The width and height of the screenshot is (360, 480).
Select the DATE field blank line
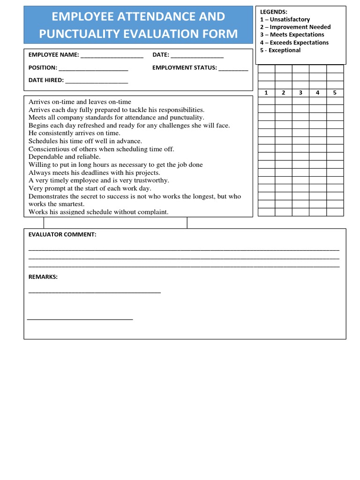[197, 56]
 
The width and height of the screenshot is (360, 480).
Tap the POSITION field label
[43, 67]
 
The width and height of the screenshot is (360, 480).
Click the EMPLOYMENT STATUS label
[184, 67]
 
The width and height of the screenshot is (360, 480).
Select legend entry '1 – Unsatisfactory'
[285, 19]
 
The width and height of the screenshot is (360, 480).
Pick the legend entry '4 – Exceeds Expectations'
[294, 43]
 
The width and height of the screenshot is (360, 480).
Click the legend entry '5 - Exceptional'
[280, 50]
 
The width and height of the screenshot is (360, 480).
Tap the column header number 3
[300, 93]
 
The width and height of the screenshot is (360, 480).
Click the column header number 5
[335, 93]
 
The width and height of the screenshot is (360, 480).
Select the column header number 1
[266, 93]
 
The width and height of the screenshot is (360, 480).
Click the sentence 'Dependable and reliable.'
[65, 157]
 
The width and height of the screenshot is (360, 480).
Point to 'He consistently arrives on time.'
[75, 133]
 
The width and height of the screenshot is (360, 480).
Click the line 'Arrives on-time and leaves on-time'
[80, 102]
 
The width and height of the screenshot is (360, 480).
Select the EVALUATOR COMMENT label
[62, 234]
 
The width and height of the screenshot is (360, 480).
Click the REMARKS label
[43, 277]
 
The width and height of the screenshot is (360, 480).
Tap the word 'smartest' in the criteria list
[71, 204]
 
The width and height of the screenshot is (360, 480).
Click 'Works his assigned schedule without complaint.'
[98, 212]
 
